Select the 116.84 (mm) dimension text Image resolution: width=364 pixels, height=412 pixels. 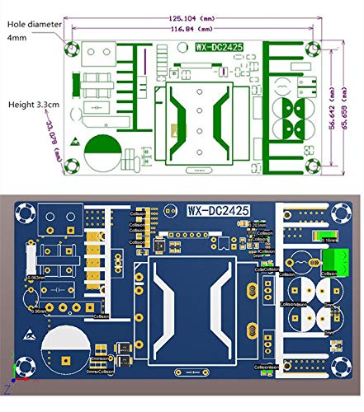pos(191,27)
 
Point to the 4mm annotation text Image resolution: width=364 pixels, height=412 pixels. pos(15,38)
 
